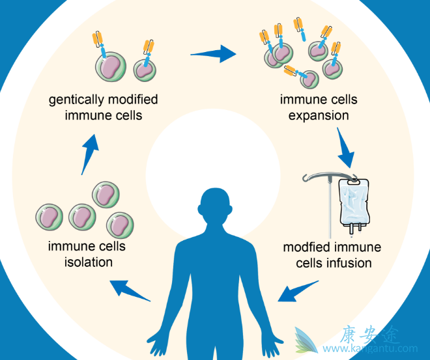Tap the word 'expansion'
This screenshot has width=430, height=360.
(319, 116)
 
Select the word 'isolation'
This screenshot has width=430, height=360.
(87, 262)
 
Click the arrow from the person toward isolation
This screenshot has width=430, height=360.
(130, 290)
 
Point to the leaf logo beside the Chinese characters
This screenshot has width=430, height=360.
(306, 340)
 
